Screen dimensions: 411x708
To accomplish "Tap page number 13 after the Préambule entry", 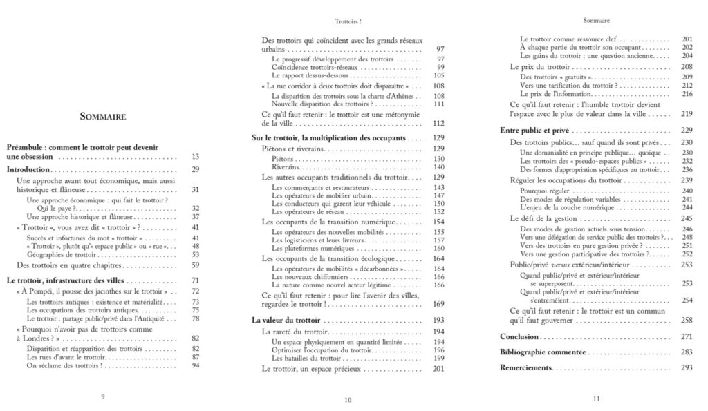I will pyautogui.click(x=195, y=157).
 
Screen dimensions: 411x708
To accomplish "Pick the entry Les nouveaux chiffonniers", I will pyautogui.click(x=310, y=276).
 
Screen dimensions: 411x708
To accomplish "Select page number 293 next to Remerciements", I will pyautogui.click(x=686, y=367).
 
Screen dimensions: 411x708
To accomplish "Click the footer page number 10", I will pyautogui.click(x=348, y=399).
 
